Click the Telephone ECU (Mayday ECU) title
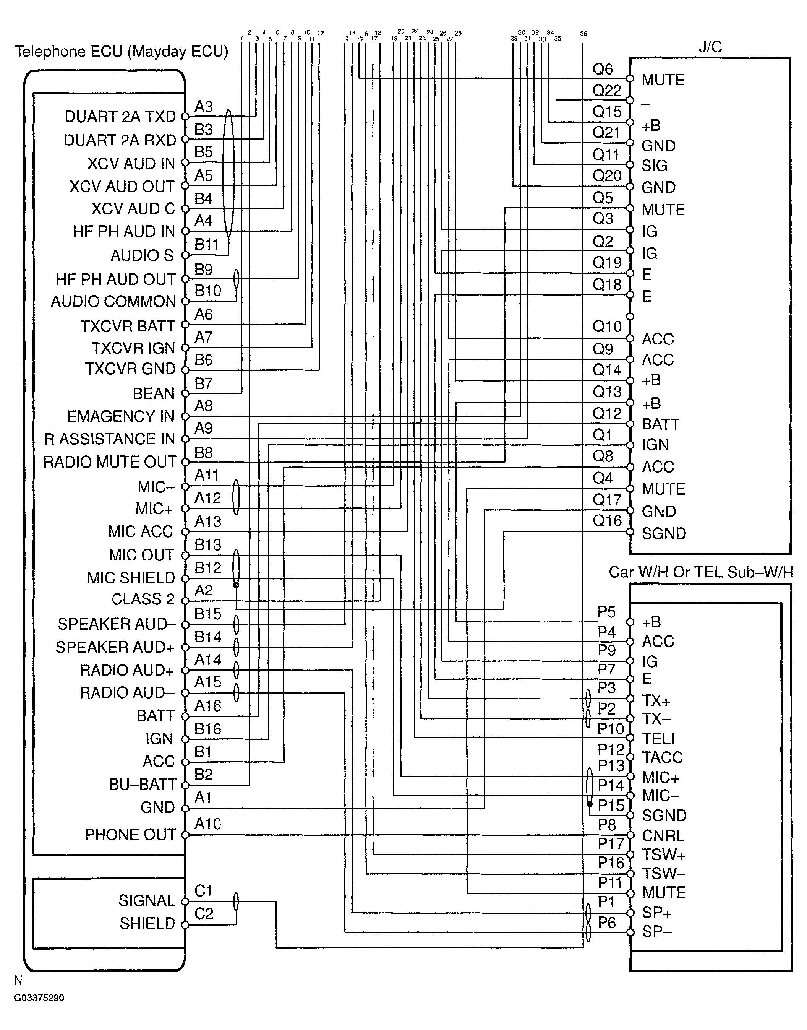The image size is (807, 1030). tap(121, 52)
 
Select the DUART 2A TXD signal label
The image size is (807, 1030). tap(120, 116)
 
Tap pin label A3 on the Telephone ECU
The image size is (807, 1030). tap(204, 107)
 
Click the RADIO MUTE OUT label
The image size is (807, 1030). tap(110, 462)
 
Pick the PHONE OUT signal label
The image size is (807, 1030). tap(130, 834)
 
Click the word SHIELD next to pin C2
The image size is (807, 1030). tap(147, 923)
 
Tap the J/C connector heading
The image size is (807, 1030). tap(710, 47)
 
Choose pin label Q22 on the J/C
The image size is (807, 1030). tap(607, 90)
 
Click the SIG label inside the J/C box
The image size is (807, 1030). tap(655, 166)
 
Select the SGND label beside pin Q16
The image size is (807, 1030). tap(664, 533)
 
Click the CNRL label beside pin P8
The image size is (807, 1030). tap(663, 835)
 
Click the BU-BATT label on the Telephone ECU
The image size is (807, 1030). tap(142, 784)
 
